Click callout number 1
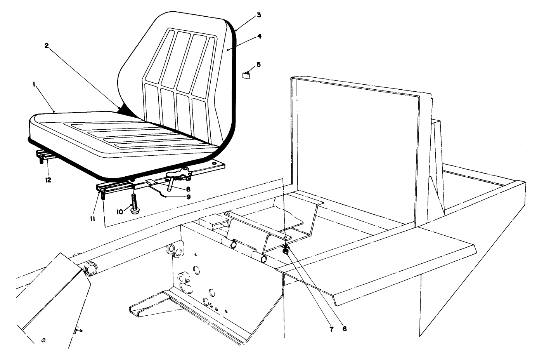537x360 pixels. pos(35,84)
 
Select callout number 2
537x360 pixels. pos(46,46)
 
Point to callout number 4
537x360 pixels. pos(259,36)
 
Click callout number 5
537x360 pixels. pos(259,64)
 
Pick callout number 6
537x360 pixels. pos(344,328)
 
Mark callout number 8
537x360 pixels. pos(188,189)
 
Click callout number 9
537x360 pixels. pos(188,197)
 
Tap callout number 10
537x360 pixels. pos(120,212)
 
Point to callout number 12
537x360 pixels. pos(48,180)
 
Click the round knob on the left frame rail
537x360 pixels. pos(90,268)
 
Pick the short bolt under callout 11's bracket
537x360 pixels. pos(103,196)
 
